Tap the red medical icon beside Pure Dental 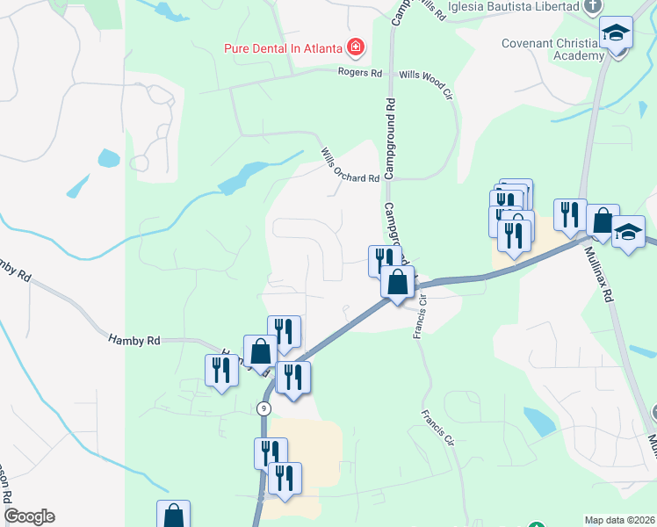point(357,46)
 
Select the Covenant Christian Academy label point(552,49)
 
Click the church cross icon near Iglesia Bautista point(594,6)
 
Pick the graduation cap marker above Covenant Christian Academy point(617,35)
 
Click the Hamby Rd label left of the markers point(134,340)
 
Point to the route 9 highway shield point(264,408)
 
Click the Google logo point(29,516)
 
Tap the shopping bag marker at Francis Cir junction point(397,283)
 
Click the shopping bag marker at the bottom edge point(173,515)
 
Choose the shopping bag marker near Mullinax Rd point(603,221)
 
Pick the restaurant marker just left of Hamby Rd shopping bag point(221,370)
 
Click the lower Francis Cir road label point(439,428)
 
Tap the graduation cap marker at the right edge point(629,233)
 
